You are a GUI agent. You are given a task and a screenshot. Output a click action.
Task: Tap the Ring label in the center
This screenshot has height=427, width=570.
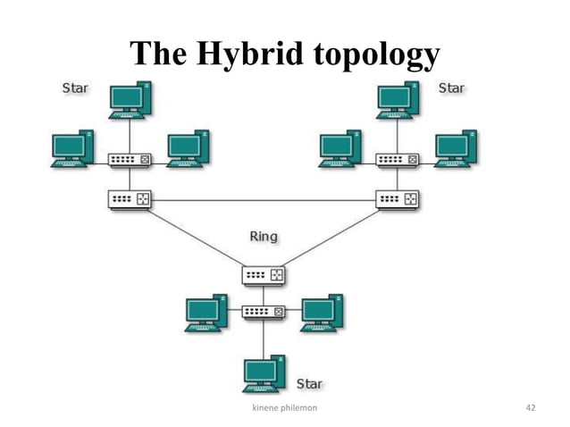263,237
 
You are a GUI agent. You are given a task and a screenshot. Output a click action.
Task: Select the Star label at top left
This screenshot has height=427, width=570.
74,88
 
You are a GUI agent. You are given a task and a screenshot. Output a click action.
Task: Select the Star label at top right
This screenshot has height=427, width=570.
452,88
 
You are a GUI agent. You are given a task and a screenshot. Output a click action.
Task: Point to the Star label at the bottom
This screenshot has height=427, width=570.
309,384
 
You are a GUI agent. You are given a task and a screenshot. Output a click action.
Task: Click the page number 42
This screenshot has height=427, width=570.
531,407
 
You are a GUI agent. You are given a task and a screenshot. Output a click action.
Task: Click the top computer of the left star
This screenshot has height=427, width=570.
130,100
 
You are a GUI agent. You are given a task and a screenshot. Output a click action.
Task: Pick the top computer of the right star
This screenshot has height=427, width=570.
398,100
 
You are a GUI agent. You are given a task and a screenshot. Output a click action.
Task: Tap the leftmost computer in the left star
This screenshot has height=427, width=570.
72,148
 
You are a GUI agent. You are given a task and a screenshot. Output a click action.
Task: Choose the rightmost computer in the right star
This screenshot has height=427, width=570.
456,148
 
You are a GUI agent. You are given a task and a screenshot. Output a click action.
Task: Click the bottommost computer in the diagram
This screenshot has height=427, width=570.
264,373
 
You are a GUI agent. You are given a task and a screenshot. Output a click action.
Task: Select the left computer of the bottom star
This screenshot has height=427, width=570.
206,312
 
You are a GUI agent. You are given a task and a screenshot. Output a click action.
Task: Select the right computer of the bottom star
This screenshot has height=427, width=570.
323,312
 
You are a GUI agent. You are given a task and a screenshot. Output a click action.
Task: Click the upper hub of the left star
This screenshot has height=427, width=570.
130,160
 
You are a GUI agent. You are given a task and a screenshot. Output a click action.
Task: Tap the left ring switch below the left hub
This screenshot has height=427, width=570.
130,199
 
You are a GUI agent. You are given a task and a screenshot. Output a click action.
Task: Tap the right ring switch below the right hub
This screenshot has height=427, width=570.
398,199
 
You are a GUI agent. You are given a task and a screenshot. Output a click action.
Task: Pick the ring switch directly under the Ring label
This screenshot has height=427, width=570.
264,275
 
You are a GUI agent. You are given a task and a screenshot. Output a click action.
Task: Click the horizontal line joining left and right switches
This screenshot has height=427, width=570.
264,200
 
